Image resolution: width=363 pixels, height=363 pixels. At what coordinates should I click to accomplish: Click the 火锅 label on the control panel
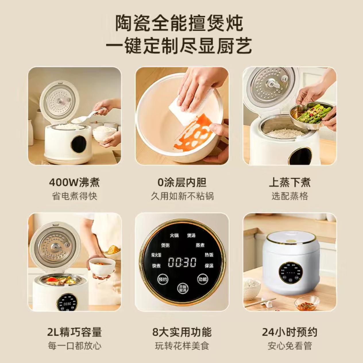[174, 235]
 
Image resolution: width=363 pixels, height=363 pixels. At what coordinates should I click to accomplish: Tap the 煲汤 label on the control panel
[191, 235]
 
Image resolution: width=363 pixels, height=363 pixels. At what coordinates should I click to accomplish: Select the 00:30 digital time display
[182, 262]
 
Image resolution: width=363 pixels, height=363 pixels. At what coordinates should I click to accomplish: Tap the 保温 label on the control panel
[209, 266]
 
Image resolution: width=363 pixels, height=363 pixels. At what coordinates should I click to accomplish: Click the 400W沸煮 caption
[74, 182]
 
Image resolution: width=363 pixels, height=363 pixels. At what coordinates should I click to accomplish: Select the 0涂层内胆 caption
[182, 182]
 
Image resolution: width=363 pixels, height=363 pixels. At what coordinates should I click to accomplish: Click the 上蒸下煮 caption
[289, 182]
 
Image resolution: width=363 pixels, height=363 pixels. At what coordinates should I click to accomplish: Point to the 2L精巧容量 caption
[74, 332]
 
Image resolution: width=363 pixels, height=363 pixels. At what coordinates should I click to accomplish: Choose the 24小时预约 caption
[289, 332]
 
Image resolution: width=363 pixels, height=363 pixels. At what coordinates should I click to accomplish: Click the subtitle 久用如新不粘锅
[182, 196]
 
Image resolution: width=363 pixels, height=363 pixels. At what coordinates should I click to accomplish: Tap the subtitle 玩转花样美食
[182, 346]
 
